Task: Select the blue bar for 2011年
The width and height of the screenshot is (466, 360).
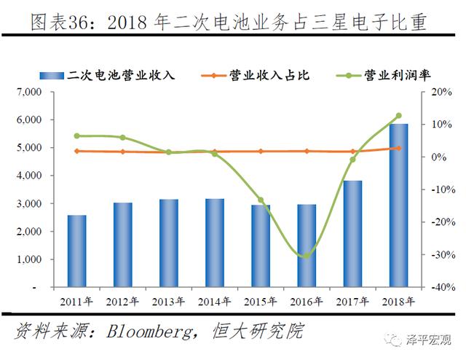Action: (76, 251)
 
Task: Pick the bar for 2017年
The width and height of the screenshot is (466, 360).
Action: (352, 234)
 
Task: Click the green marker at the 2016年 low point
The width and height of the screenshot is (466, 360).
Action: (306, 255)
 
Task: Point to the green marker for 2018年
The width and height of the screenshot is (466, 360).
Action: (398, 116)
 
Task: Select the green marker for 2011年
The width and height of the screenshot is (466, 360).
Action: (76, 136)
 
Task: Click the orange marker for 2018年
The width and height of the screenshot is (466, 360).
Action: (398, 148)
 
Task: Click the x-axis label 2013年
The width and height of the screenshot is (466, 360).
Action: (168, 301)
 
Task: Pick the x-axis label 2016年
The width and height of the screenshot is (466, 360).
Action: (306, 301)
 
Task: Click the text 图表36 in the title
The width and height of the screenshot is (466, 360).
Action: (63, 23)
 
